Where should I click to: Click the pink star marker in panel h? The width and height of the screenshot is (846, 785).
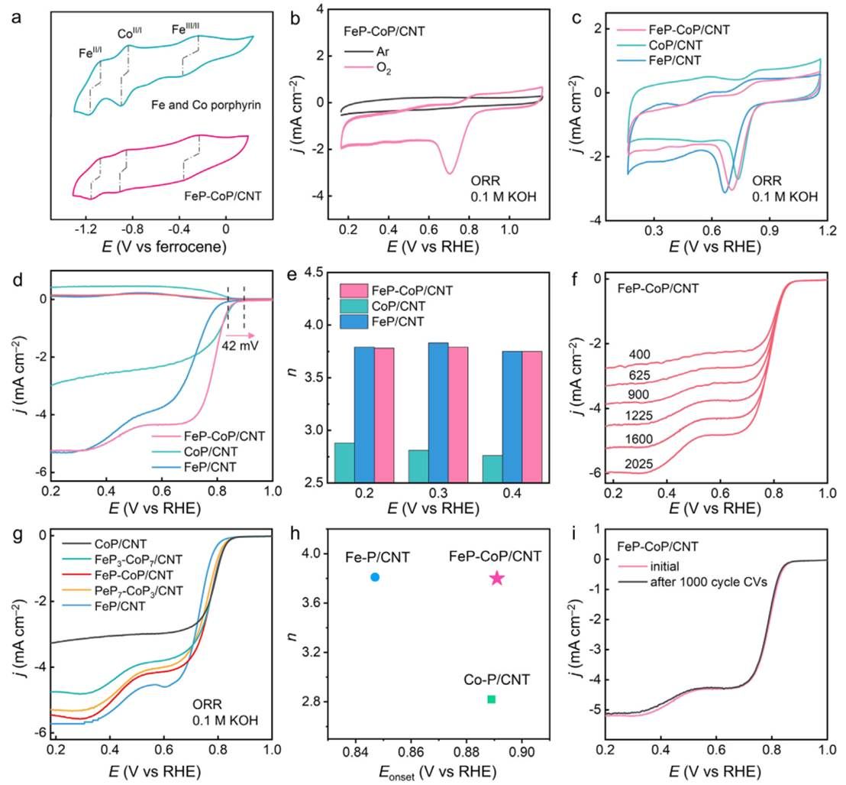[497, 578]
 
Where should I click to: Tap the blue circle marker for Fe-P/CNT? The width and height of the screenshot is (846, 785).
[375, 577]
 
